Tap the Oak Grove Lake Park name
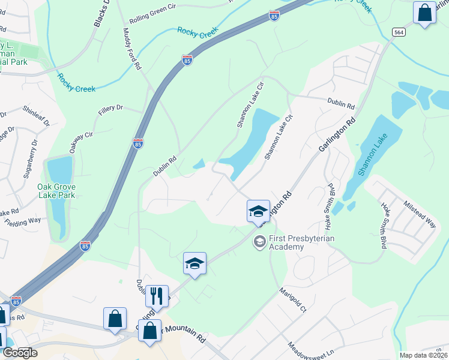click(x=56, y=191)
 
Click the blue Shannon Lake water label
click(x=373, y=154)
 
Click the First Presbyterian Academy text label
click(x=301, y=242)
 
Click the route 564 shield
click(x=399, y=31)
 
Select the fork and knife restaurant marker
click(x=156, y=295)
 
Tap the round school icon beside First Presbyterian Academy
click(x=260, y=242)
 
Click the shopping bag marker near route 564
click(x=425, y=12)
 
